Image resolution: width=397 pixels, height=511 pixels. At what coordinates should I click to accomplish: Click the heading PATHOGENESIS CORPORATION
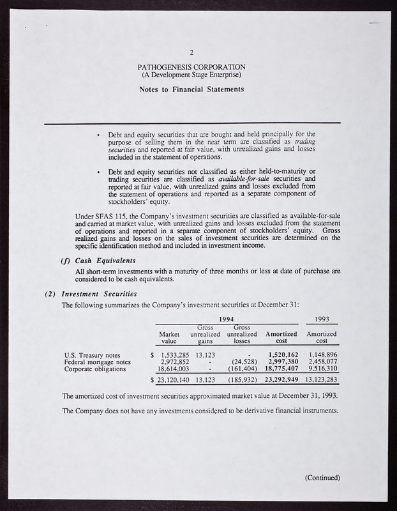point(191,67)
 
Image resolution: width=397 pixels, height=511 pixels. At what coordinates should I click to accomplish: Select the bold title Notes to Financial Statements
point(191,89)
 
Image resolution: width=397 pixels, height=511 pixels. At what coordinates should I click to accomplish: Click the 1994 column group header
point(227,319)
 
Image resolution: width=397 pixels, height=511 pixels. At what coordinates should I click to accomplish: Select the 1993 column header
point(322,319)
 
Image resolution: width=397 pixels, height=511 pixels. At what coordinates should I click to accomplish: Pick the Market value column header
point(169,337)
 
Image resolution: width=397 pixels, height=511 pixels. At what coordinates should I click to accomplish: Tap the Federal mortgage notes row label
point(98,362)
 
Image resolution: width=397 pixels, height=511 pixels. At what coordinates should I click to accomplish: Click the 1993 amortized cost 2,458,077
point(322,362)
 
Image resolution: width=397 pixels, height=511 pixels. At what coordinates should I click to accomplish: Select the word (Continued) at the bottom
point(323,478)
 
